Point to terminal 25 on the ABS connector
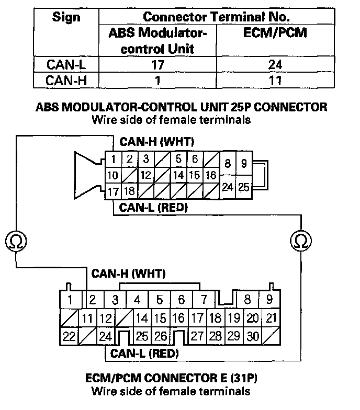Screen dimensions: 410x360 (x=244, y=187)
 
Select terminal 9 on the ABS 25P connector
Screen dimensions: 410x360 (x=244, y=164)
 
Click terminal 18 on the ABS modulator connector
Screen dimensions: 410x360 (x=129, y=191)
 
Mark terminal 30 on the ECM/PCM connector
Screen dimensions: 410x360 (x=253, y=336)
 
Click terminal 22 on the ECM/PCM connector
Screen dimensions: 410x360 (x=69, y=336)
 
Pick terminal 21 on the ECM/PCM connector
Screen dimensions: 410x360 (x=271, y=318)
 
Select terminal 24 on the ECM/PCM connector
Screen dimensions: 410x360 (x=105, y=336)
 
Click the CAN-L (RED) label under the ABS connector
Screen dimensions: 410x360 (x=154, y=207)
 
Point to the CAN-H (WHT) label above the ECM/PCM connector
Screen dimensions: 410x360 (x=128, y=274)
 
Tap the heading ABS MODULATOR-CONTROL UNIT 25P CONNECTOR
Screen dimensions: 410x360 (x=181, y=107)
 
